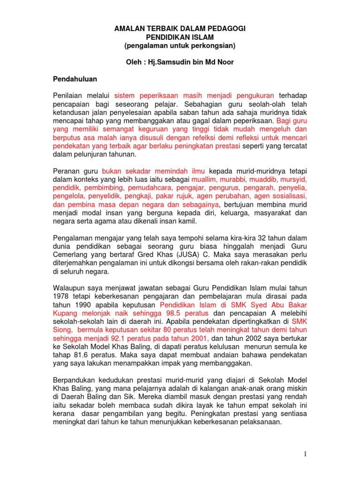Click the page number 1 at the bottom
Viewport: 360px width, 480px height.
click(305, 453)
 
